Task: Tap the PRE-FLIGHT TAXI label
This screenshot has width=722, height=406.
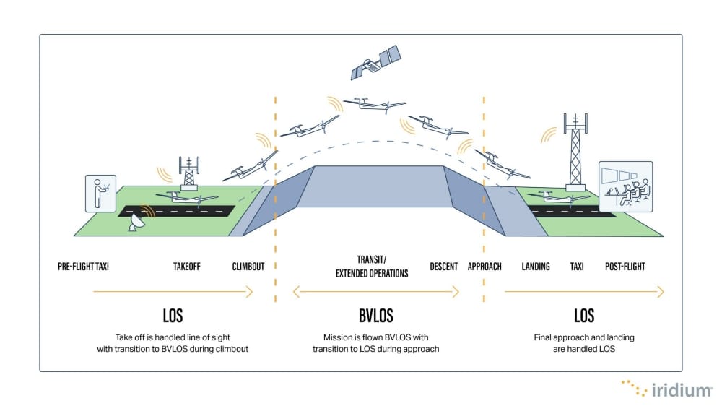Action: pos(88,267)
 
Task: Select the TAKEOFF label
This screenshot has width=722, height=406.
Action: pos(187,267)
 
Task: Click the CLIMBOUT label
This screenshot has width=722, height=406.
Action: pos(248,267)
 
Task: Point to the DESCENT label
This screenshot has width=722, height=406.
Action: pos(443,267)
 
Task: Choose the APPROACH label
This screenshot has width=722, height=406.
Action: pos(484,267)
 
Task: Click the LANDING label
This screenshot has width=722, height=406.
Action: pos(536,267)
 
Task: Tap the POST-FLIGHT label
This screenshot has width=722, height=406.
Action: pos(625,267)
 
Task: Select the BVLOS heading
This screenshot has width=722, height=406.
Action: pos(375,316)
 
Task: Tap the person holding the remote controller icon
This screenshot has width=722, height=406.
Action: pos(101,194)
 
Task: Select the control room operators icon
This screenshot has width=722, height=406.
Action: pos(625,186)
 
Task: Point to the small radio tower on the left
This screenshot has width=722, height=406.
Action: pos(189,173)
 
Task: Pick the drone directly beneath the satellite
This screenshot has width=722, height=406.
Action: pos(374,106)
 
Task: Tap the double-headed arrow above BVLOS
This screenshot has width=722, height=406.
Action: pos(375,292)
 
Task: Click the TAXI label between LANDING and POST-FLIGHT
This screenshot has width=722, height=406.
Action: pos(577,267)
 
